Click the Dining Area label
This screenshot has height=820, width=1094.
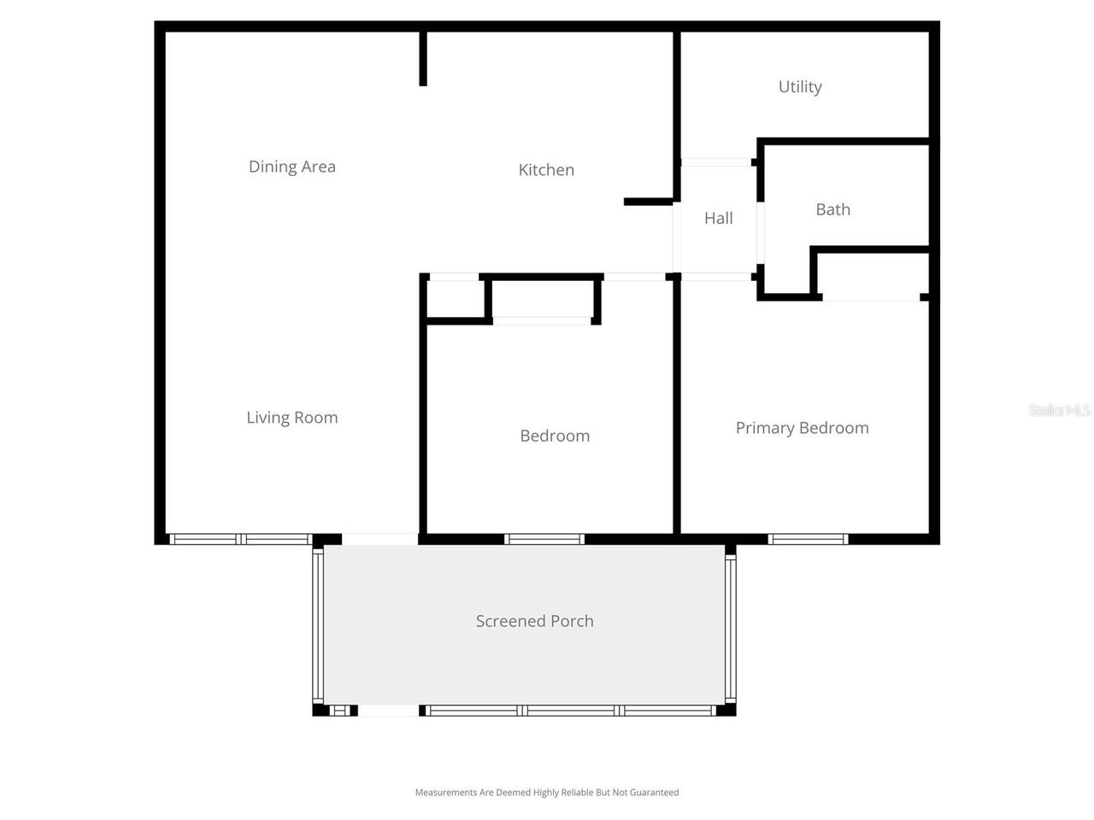pyautogui.click(x=292, y=167)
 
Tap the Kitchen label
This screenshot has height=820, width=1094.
pyautogui.click(x=546, y=170)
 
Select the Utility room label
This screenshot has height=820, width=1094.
pyautogui.click(x=800, y=87)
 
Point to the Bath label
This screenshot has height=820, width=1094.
pyautogui.click(x=832, y=209)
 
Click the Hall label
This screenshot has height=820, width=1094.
pyautogui.click(x=718, y=219)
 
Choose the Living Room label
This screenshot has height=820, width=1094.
pyautogui.click(x=292, y=418)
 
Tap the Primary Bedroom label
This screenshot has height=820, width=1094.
pyautogui.click(x=802, y=428)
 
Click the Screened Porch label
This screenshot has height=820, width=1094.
pyautogui.click(x=534, y=621)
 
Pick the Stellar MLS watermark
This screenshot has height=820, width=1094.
pyautogui.click(x=1060, y=411)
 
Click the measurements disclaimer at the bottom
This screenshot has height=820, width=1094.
pyautogui.click(x=547, y=793)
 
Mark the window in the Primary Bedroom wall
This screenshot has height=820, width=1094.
pyautogui.click(x=808, y=539)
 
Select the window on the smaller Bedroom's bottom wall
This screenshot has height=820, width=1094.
pyautogui.click(x=544, y=539)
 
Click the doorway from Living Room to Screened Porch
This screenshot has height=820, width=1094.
pyautogui.click(x=379, y=539)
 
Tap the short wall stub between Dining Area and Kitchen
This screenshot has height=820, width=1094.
pyautogui.click(x=423, y=59)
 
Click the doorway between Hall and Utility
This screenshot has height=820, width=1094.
pyautogui.click(x=715, y=161)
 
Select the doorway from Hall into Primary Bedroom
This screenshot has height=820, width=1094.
pyautogui.click(x=716, y=277)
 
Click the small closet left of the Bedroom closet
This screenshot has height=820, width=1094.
pyautogui.click(x=456, y=299)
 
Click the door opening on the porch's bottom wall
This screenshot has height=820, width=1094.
pyautogui.click(x=388, y=711)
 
